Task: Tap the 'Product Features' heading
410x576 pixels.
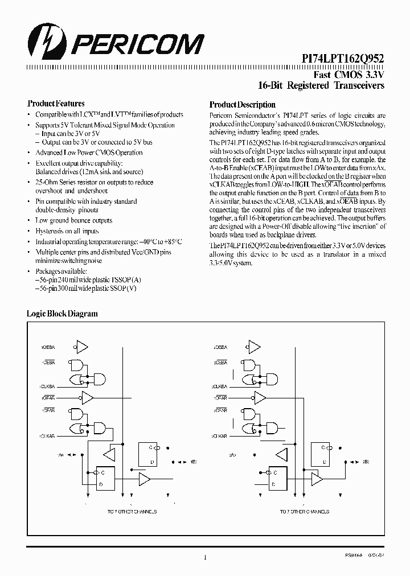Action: pyautogui.click(x=56, y=104)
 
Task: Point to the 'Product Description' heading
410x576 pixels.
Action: pyautogui.click(x=242, y=105)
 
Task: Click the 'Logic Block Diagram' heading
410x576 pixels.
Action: pyautogui.click(x=62, y=314)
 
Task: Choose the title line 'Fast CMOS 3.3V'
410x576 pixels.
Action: pyautogui.click(x=349, y=75)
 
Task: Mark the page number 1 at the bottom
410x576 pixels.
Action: pyautogui.click(x=204, y=558)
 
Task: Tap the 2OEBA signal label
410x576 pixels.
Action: pyautogui.click(x=219, y=347)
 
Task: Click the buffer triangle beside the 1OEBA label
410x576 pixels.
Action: pyautogui.click(x=83, y=347)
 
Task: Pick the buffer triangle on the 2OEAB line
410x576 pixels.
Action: pyautogui.click(x=260, y=397)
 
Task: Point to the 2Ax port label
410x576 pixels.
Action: pyautogui.click(x=232, y=455)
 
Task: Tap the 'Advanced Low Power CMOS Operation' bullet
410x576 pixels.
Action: pyautogui.click(x=89, y=153)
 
